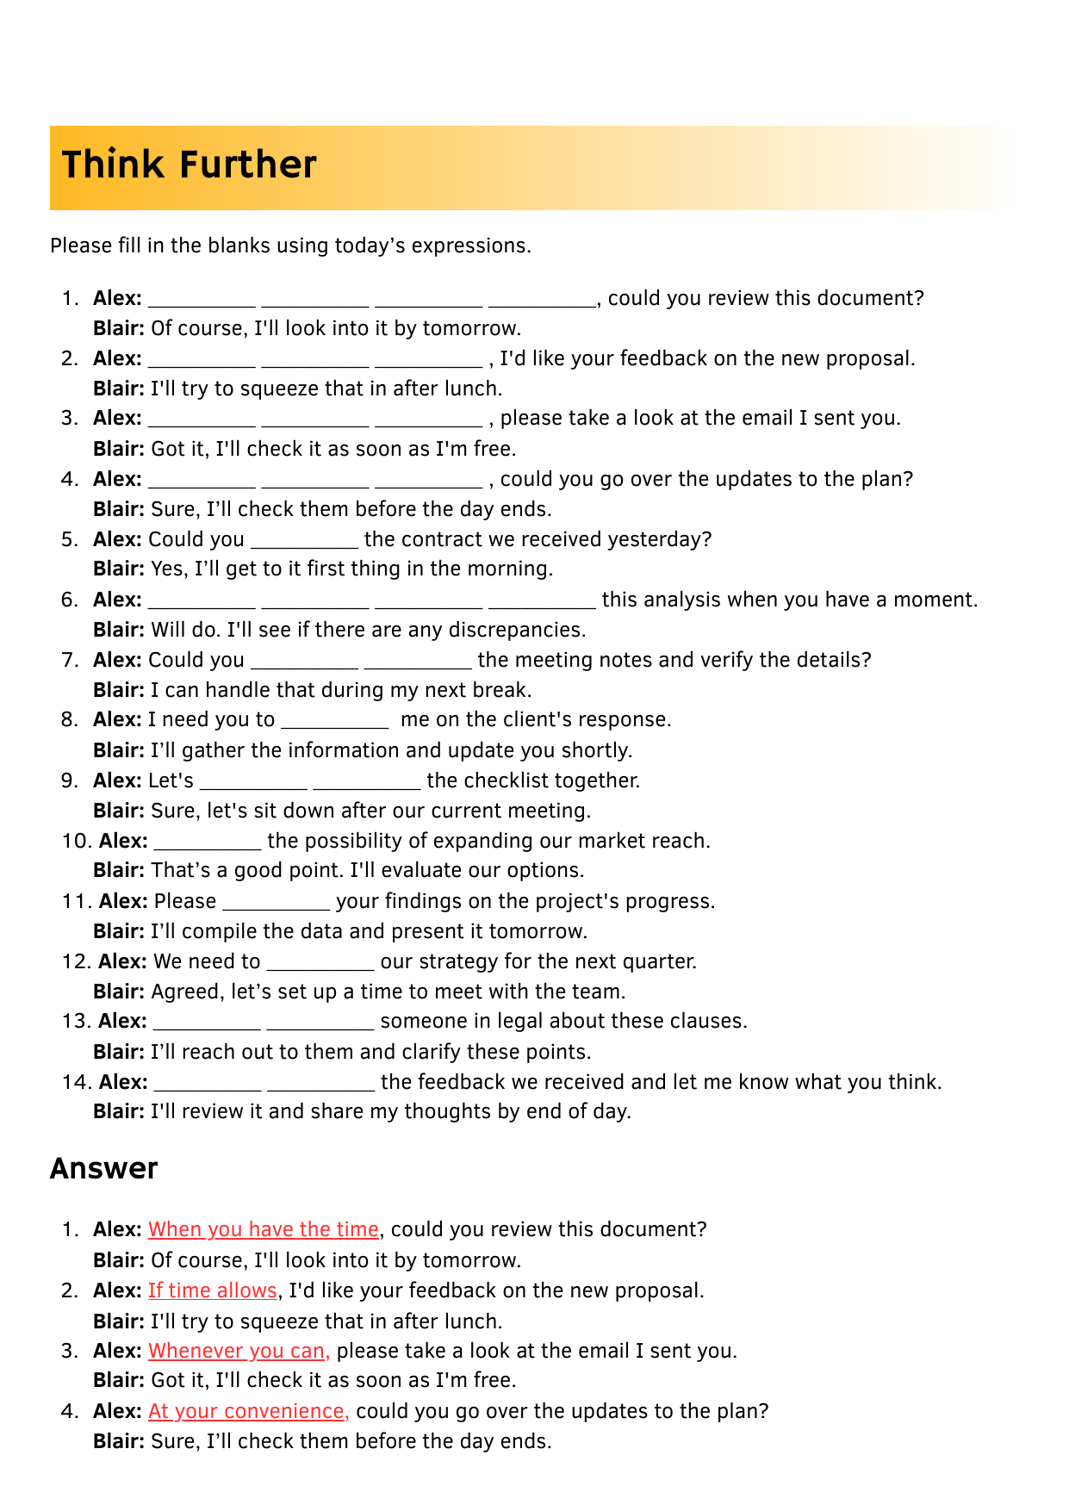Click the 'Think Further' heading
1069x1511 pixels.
pyautogui.click(x=190, y=165)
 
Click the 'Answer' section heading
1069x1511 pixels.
pyautogui.click(x=104, y=1169)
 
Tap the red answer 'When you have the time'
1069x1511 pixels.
pyautogui.click(x=264, y=1229)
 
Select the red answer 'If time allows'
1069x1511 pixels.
pyautogui.click(x=213, y=1290)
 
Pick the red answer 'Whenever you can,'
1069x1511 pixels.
pyautogui.click(x=239, y=1351)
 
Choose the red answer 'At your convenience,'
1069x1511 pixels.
pyautogui.click(x=248, y=1411)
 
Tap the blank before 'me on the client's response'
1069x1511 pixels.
pyautogui.click(x=335, y=724)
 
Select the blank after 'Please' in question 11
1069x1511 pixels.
pyautogui.click(x=276, y=905)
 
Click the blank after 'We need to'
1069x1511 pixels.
pyautogui.click(x=320, y=965)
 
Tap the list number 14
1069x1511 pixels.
pyautogui.click(x=76, y=1082)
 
